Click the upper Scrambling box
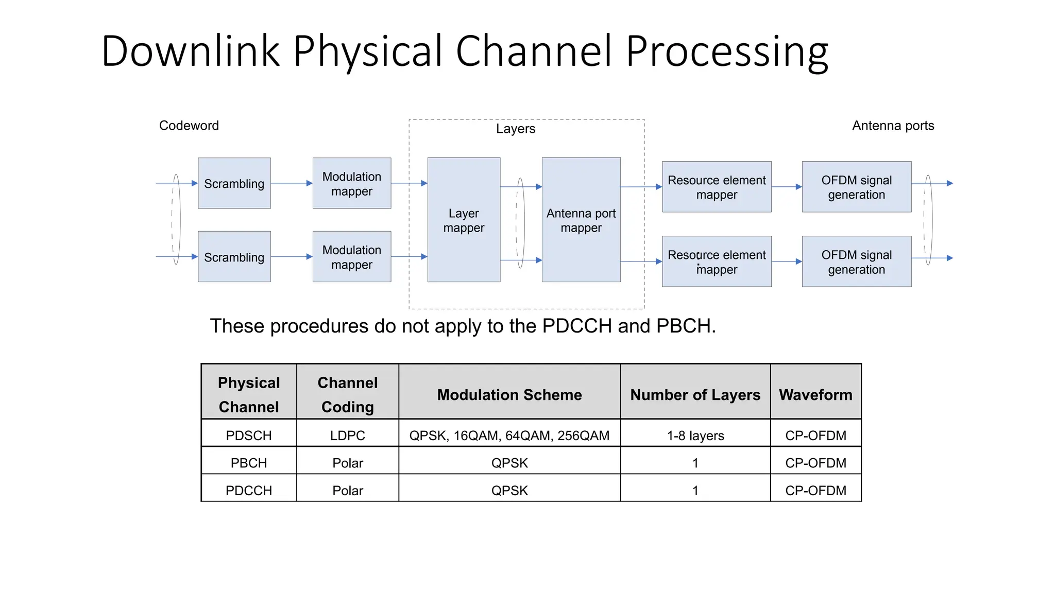click(234, 183)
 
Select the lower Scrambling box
click(234, 256)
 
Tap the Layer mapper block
click(464, 220)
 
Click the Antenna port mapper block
click(581, 220)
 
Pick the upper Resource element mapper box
click(717, 187)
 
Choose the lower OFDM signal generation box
click(856, 261)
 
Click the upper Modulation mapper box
click(352, 183)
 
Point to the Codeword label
click(189, 126)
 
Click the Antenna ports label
click(893, 126)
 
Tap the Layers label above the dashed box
click(516, 129)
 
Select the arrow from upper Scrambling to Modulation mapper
click(292, 183)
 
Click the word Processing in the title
click(726, 51)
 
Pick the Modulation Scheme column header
click(509, 395)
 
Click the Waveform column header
click(815, 395)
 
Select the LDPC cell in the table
click(348, 435)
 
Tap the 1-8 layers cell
click(695, 435)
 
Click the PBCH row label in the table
click(249, 463)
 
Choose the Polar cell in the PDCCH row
click(348, 491)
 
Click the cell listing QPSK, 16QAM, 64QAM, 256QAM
click(509, 435)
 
